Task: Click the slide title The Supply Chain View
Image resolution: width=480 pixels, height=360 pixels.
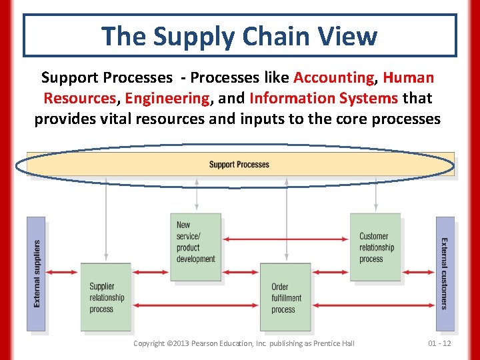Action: tap(239, 36)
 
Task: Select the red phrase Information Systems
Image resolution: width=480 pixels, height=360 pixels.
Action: tap(323, 98)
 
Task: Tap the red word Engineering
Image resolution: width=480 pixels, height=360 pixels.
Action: tap(167, 98)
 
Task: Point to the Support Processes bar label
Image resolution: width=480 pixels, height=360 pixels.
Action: tap(239, 165)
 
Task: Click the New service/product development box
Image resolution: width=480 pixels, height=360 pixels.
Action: tap(195, 247)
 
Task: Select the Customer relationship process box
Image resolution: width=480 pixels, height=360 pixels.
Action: tap(375, 247)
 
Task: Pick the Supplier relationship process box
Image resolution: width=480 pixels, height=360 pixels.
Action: tap(106, 297)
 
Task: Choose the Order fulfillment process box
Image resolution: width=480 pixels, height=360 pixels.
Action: tap(285, 297)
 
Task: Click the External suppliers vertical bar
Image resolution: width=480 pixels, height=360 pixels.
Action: tap(36, 273)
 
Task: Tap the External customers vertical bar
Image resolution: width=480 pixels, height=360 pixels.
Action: tap(445, 273)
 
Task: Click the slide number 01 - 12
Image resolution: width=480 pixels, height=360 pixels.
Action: tap(439, 343)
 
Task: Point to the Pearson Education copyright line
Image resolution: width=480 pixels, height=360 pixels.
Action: tap(243, 343)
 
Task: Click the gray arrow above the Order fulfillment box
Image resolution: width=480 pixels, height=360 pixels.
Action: tap(286, 220)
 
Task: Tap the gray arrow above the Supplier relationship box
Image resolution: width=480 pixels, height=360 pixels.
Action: tap(106, 220)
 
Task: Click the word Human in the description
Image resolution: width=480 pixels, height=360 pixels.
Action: tap(409, 77)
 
